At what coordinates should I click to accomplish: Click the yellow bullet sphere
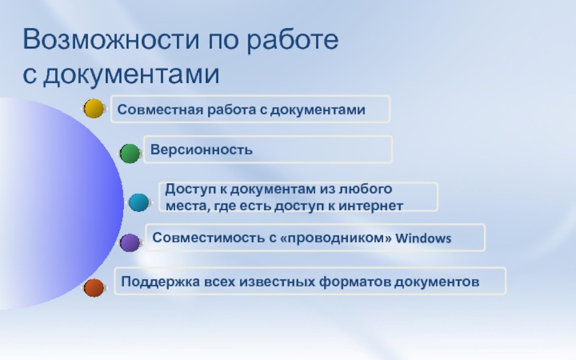point(94,109)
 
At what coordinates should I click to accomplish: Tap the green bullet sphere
point(130,153)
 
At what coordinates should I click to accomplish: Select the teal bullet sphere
point(139,202)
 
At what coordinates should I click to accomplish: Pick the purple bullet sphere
point(130,243)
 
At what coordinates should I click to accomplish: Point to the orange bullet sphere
point(94,287)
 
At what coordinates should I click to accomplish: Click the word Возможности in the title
point(112,39)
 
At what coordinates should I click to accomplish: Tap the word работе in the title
point(292,40)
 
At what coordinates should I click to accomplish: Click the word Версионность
point(202,150)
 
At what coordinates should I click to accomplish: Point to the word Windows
point(423,238)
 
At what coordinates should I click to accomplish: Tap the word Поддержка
point(161,282)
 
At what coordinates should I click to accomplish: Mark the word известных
point(277,282)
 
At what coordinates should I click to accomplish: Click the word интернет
point(371,206)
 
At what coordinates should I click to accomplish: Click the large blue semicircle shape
point(60,203)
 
